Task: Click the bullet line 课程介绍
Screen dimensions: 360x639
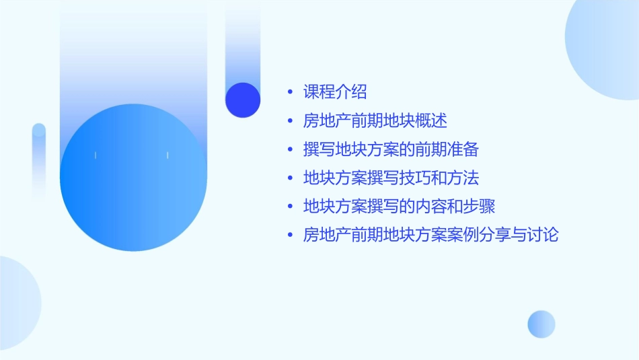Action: click(335, 92)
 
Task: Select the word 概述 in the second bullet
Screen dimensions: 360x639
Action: click(432, 121)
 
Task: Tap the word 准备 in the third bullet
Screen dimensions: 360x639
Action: click(463, 149)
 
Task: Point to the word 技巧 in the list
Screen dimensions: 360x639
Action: click(416, 178)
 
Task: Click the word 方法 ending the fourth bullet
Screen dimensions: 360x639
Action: click(463, 178)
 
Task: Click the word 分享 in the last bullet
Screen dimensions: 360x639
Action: click(479, 235)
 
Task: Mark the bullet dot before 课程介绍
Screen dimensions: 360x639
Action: click(290, 93)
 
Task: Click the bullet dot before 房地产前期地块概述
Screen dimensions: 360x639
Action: click(290, 122)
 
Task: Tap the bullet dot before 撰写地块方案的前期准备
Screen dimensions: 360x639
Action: click(290, 150)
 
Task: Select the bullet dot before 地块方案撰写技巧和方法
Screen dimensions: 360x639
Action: click(290, 179)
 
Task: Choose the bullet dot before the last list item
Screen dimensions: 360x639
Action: click(290, 236)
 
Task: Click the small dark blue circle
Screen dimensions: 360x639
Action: click(242, 100)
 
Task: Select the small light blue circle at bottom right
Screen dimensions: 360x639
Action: click(541, 324)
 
